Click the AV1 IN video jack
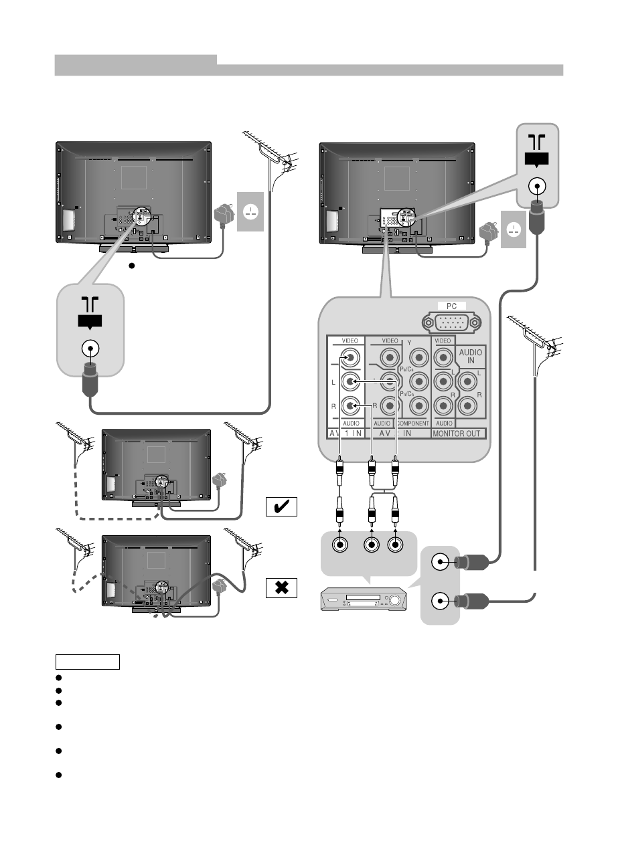coord(349,358)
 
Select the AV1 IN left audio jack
coord(349,382)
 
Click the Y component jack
coord(418,358)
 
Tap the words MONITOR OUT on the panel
coord(459,434)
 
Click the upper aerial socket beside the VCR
coord(440,563)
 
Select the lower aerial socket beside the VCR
coord(440,601)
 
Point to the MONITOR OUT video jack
coord(443,358)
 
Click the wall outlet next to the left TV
coord(250,211)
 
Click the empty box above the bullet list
coord(87,662)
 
